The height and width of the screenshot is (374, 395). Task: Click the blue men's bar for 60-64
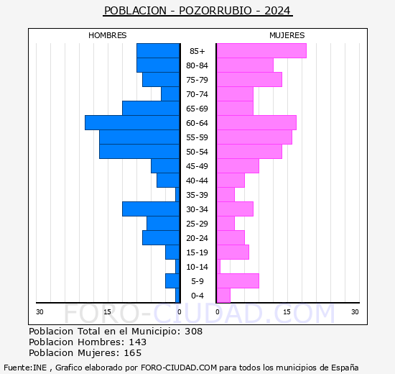coord(132,123)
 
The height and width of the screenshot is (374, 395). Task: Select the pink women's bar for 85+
coord(261,51)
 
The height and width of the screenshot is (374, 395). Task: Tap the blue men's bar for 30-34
coord(151,209)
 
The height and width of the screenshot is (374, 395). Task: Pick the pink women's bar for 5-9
coord(238,281)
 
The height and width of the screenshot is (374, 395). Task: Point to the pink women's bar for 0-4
coord(223,296)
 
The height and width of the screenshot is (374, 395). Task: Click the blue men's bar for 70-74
coord(170,94)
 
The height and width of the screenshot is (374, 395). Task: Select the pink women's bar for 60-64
coord(256,123)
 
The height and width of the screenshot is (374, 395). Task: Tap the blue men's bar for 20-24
coord(161,238)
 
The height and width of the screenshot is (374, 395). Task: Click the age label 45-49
coord(197,166)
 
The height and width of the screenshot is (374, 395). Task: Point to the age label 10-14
coord(197,267)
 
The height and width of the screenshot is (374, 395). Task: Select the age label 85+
coord(197,51)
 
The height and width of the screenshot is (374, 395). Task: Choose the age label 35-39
coord(197,195)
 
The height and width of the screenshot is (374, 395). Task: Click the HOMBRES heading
coord(107,35)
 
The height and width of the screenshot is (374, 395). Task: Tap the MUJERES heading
coord(287,35)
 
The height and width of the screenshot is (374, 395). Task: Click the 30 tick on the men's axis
coord(39,312)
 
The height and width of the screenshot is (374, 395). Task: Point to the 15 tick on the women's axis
coord(287,312)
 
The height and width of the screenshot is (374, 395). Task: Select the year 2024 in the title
coord(277,11)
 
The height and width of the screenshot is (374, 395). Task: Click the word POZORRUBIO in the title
coord(215,11)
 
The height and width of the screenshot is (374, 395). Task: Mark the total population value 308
coord(193,331)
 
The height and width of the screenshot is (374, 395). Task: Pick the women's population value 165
coord(133,353)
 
